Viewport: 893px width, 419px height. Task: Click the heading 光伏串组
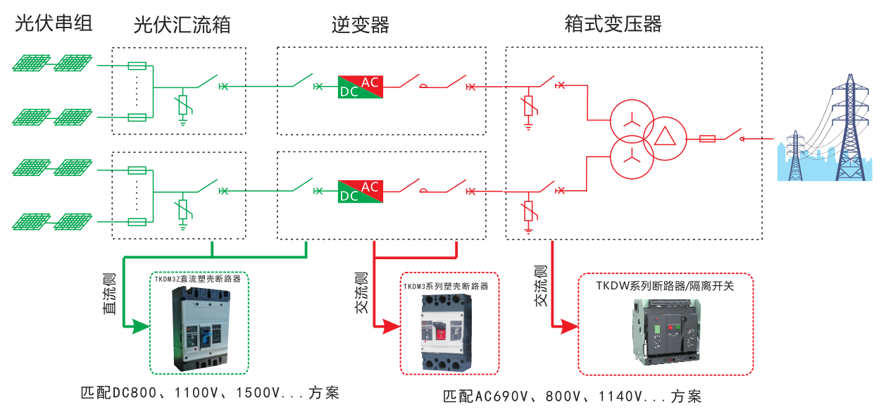tap(54, 25)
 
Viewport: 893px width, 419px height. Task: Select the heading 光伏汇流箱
tap(182, 26)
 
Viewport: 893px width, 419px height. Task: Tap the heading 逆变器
tap(361, 26)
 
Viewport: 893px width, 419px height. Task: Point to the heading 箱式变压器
tap(613, 25)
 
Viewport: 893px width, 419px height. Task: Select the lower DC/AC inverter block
tap(360, 191)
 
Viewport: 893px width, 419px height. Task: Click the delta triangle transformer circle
tap(663, 138)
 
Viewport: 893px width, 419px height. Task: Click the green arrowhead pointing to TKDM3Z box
tap(141, 326)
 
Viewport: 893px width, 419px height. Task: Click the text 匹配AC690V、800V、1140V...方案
tap(571, 396)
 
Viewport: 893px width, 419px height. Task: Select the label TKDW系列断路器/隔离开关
tap(665, 286)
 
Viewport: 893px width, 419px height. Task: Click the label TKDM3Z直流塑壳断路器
tap(198, 279)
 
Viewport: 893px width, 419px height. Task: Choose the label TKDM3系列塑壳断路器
tap(446, 287)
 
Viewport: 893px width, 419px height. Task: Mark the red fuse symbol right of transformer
tap(706, 139)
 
